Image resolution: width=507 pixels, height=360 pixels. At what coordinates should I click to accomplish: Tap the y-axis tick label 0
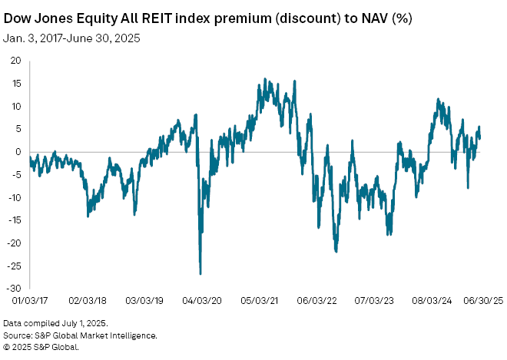pos(21,151)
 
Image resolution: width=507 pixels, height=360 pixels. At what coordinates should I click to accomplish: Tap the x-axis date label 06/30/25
pos(481,302)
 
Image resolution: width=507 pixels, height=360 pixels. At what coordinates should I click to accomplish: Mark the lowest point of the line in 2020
pos(200,273)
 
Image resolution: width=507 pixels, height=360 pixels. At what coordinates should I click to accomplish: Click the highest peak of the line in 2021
pos(264,78)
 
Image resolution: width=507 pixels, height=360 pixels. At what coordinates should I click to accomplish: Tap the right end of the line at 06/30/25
pos(480,137)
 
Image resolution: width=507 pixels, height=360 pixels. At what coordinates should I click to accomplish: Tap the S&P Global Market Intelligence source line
pos(80,335)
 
